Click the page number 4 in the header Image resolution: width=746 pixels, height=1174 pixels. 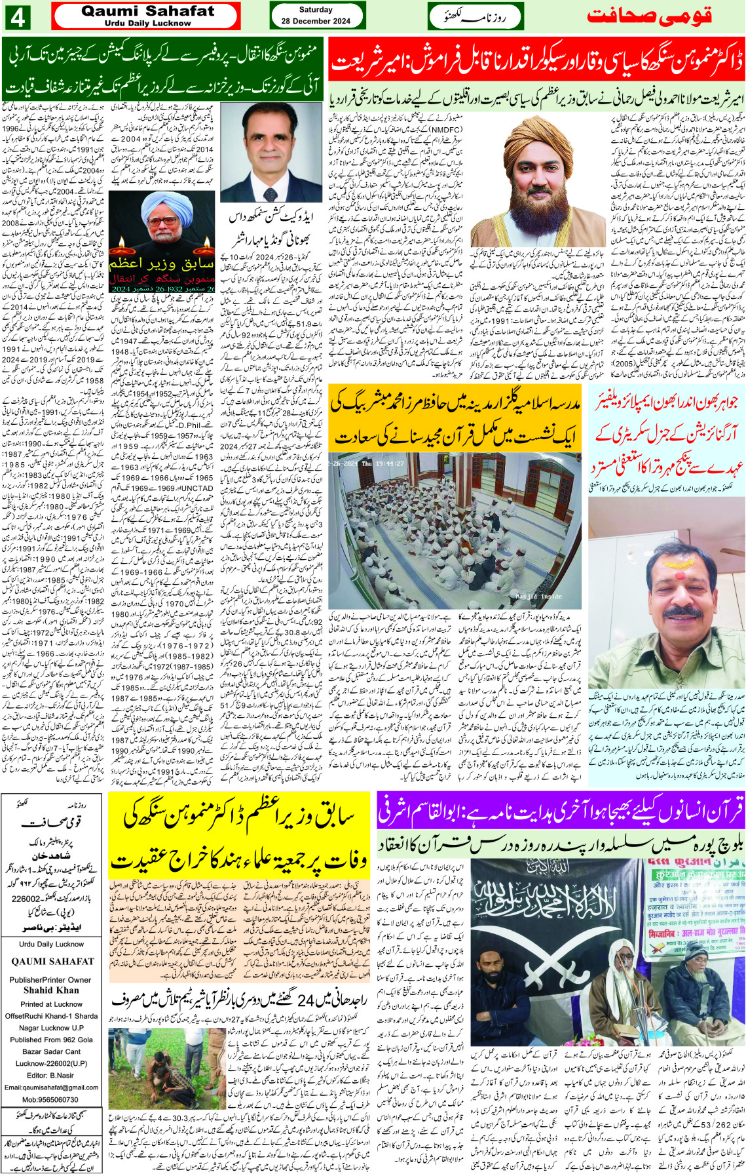18,17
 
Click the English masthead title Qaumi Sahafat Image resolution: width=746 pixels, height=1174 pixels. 147,11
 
